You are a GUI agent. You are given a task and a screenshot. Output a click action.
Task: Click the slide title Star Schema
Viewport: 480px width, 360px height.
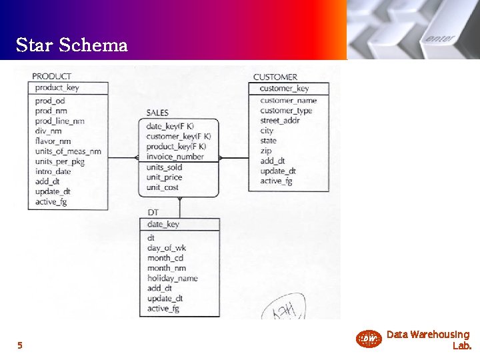point(71,45)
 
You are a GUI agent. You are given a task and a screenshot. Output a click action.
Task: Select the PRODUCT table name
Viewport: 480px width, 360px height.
point(51,77)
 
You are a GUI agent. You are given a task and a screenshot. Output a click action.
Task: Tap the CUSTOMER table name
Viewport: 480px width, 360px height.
point(275,77)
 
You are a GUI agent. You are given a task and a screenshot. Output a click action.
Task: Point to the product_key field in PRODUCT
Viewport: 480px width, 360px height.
point(57,88)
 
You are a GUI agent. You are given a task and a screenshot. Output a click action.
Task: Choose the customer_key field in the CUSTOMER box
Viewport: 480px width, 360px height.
point(284,89)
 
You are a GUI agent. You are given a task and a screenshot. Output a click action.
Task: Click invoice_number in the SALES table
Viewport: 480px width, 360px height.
point(175,157)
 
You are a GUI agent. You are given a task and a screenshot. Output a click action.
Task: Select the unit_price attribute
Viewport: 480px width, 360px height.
point(164,177)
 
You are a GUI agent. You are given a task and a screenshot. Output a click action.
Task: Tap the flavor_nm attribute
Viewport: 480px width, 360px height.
point(53,141)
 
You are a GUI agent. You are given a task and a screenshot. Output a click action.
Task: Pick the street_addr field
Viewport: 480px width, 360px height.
point(280,121)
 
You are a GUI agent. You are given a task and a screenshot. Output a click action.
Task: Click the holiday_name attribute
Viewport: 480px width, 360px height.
point(172,278)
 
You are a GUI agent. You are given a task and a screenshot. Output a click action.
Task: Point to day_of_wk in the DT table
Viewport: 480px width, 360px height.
point(166,248)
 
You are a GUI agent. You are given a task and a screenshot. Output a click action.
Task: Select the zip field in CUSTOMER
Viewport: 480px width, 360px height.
point(265,151)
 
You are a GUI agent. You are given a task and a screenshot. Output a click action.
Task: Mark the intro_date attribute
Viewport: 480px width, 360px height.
point(53,171)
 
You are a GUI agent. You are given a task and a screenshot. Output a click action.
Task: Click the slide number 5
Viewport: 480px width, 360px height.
point(20,345)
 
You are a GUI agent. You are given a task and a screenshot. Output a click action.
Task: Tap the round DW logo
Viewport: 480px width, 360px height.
point(368,339)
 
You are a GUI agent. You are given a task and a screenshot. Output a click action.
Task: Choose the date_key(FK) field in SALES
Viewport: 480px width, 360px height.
point(170,127)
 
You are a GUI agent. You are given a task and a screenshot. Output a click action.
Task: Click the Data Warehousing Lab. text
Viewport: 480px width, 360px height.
point(428,340)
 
